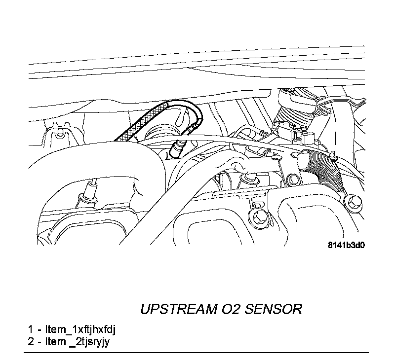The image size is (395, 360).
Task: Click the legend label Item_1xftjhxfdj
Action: click(x=83, y=329)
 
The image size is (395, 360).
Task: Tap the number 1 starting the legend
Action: click(x=31, y=329)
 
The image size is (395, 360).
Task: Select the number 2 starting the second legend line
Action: click(x=31, y=341)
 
